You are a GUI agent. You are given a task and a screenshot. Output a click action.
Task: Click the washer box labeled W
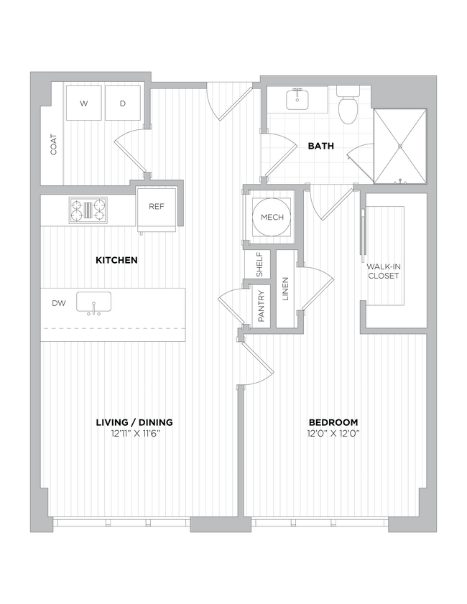tap(84, 103)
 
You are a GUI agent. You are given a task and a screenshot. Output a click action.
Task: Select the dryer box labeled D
tap(123, 103)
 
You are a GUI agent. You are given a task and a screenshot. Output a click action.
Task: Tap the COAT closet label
tap(53, 144)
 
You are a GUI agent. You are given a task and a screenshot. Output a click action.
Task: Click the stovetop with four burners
tap(88, 210)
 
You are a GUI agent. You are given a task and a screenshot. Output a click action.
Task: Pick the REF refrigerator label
tap(157, 206)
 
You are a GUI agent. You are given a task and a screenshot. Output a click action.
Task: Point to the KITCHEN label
tap(116, 260)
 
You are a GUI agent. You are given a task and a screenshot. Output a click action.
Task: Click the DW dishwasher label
tap(58, 304)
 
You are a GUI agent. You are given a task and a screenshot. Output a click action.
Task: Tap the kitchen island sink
tap(93, 303)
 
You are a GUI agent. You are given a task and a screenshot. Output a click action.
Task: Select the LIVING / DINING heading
tap(134, 422)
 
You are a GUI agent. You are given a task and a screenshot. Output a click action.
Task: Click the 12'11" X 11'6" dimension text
tap(134, 434)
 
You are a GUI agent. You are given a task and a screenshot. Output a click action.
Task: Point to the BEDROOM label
tap(333, 422)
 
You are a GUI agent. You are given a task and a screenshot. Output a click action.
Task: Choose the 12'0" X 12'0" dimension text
tap(333, 434)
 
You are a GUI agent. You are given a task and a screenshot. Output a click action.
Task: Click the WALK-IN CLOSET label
tap(384, 271)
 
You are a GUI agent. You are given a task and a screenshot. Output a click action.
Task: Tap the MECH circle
tap(272, 218)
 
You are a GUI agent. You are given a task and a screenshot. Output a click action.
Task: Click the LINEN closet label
tap(285, 289)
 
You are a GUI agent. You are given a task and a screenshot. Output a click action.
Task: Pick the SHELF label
tap(259, 264)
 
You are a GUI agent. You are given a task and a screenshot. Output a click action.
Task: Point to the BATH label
tap(320, 146)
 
